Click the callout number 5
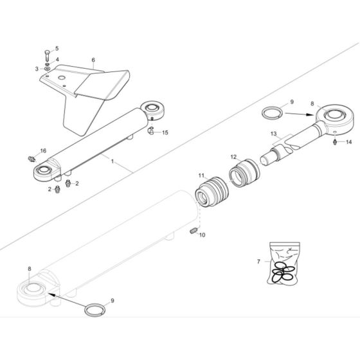click(55, 48)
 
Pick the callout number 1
click(113, 163)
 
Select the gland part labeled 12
click(244, 175)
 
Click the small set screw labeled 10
click(193, 232)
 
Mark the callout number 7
click(259, 262)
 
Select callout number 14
click(350, 141)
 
